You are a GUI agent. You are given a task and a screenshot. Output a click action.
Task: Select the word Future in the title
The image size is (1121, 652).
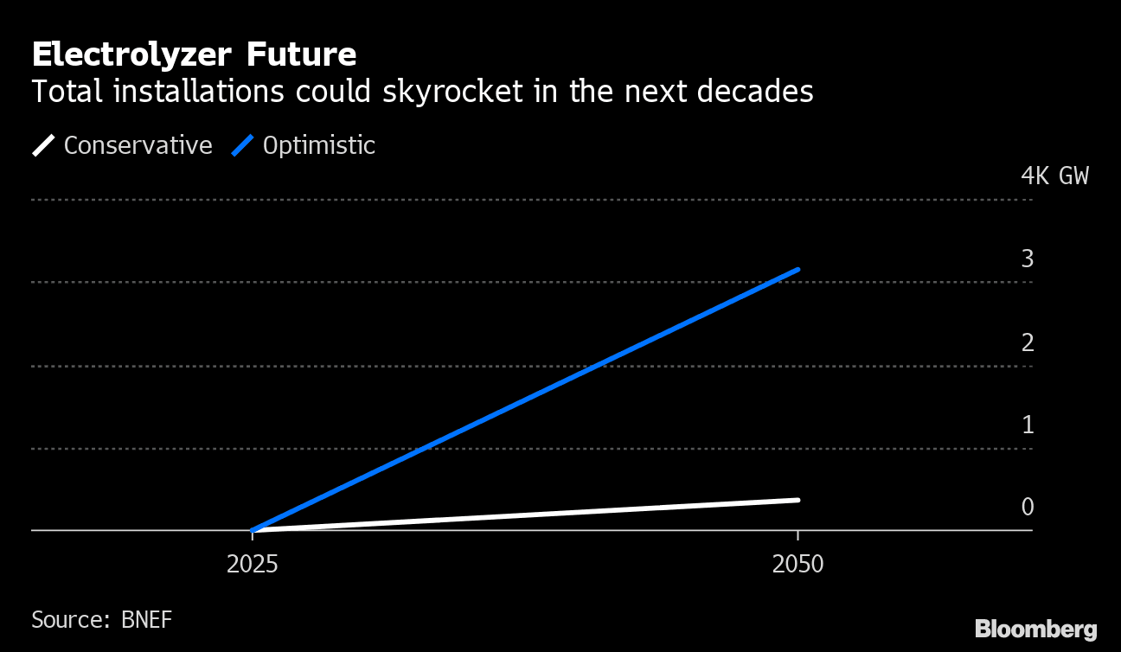302,55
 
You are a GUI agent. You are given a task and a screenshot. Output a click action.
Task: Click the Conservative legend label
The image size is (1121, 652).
138,145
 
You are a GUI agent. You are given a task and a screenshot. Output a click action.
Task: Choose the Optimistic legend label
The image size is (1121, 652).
318,145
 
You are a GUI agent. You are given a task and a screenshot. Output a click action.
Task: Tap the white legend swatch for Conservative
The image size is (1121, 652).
43,145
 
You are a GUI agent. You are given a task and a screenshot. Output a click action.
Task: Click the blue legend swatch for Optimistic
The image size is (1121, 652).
242,145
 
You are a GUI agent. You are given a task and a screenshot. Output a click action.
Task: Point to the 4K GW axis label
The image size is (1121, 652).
1054,176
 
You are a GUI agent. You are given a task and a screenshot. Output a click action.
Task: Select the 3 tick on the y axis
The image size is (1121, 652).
1028,259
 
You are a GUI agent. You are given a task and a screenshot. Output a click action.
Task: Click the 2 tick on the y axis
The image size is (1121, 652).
1028,342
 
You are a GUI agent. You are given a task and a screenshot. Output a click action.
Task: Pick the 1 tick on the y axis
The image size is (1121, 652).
1028,425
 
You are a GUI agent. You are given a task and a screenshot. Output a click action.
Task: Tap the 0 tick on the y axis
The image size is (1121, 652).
1028,507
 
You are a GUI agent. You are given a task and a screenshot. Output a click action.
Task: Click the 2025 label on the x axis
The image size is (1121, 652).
252,565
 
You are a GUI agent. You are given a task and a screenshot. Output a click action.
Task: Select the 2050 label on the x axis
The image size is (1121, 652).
798,565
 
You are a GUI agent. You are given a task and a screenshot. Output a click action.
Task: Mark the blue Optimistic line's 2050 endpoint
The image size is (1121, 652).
798,270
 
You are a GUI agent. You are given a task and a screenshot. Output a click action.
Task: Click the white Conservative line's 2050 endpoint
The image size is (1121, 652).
798,500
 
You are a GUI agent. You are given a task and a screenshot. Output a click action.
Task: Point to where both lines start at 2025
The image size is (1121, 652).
253,530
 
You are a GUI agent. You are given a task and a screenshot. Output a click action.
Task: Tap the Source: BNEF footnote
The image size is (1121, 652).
101,620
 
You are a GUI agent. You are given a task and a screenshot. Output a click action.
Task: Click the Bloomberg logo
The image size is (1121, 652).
1035,630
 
